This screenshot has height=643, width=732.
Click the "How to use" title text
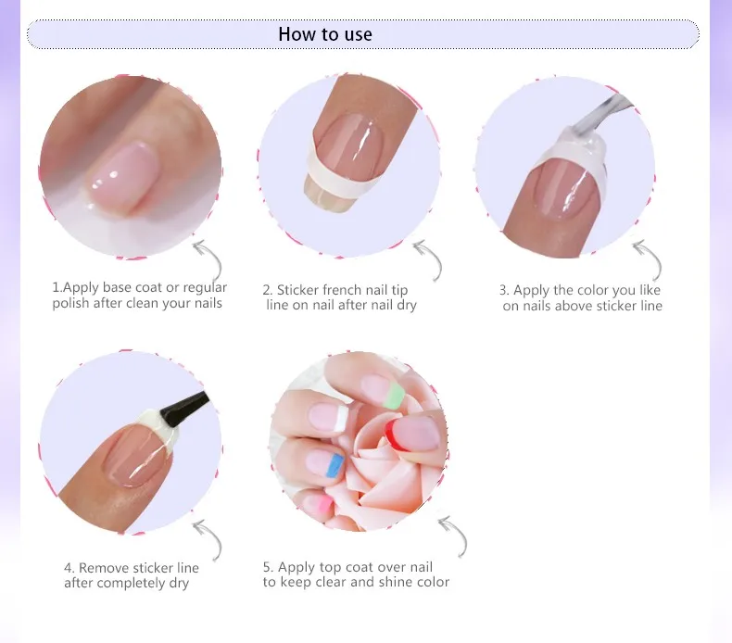click(325, 34)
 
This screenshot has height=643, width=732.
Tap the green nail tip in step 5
click(394, 396)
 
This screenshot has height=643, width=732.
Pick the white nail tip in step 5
click(343, 419)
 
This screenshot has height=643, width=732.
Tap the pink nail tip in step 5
click(322, 504)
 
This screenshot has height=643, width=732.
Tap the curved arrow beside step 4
click(209, 540)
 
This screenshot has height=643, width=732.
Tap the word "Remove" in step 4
click(104, 568)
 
